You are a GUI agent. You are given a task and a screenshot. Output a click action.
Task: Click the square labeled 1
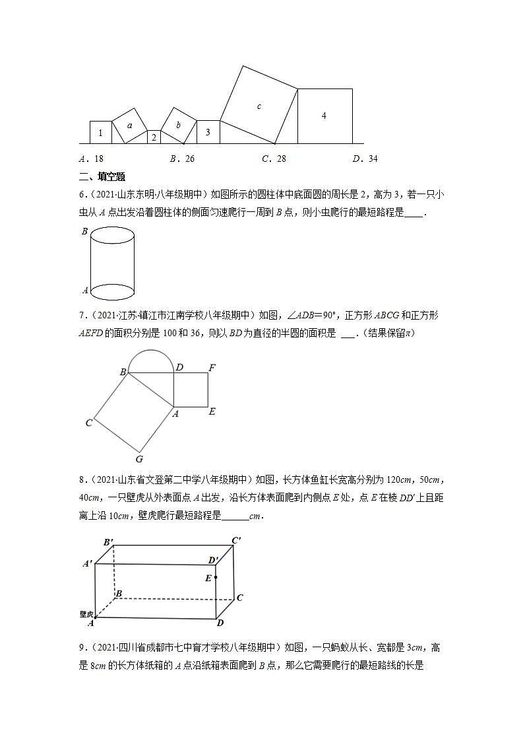100,132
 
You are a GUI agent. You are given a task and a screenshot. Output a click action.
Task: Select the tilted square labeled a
129,125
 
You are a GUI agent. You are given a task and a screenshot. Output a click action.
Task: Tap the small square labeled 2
154,137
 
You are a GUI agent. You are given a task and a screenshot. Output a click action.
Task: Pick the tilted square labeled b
178,125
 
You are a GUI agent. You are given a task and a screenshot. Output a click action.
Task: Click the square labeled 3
208,131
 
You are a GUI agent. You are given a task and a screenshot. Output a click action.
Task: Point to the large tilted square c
259,105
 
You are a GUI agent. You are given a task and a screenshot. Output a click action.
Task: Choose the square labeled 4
324,116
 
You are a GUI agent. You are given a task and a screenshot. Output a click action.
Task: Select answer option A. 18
91,159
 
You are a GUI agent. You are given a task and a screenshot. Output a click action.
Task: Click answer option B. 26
182,159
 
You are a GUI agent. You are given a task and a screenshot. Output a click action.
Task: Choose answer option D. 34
365,159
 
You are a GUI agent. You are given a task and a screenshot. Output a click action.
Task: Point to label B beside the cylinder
84,232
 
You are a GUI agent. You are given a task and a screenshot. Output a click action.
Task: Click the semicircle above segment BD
151,359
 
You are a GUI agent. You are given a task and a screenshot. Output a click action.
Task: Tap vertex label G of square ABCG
139,459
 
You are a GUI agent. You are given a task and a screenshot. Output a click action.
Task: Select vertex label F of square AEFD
212,367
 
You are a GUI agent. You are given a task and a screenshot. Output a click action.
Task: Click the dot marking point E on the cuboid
216,577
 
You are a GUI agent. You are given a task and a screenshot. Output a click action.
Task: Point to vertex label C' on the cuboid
236,540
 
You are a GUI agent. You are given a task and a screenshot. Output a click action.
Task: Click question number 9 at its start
82,648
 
